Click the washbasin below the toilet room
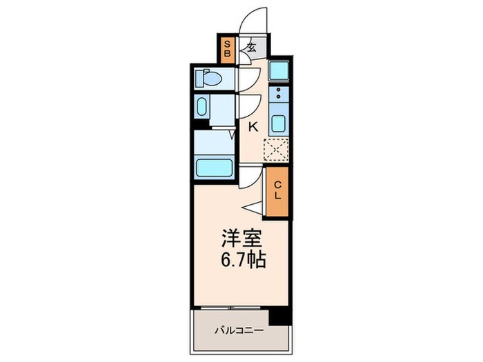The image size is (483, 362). point(201,107)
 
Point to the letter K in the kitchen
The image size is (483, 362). point(253,126)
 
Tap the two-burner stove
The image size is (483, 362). point(279,94)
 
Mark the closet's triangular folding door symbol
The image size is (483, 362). point(253,205)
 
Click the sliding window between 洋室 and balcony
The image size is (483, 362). point(231,305)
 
